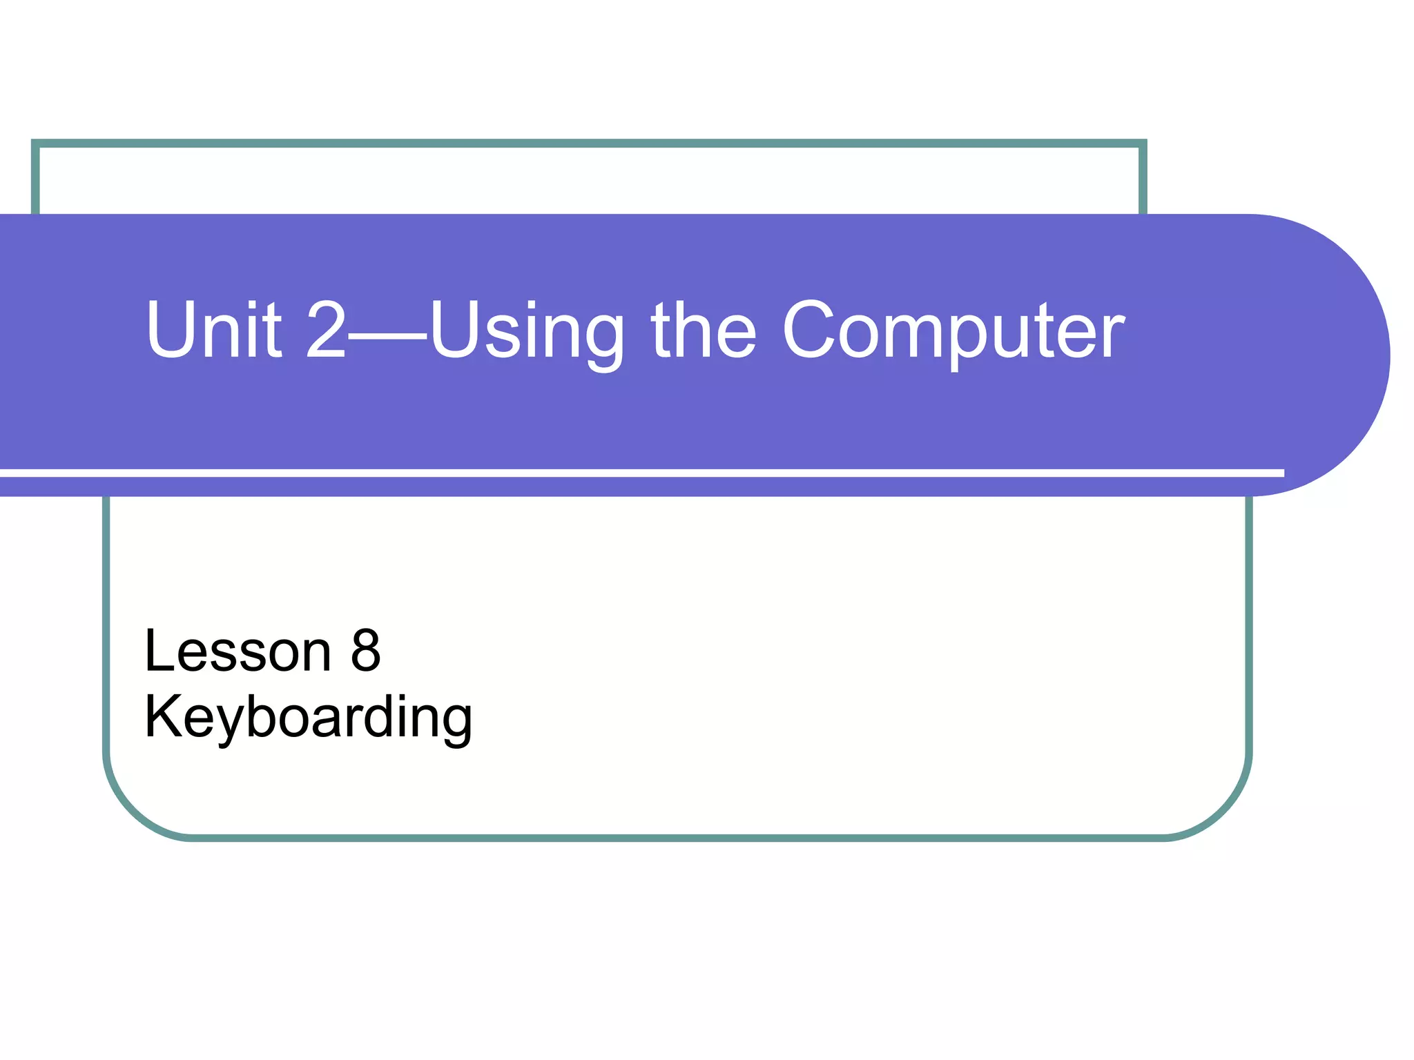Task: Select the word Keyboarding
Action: click(308, 718)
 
